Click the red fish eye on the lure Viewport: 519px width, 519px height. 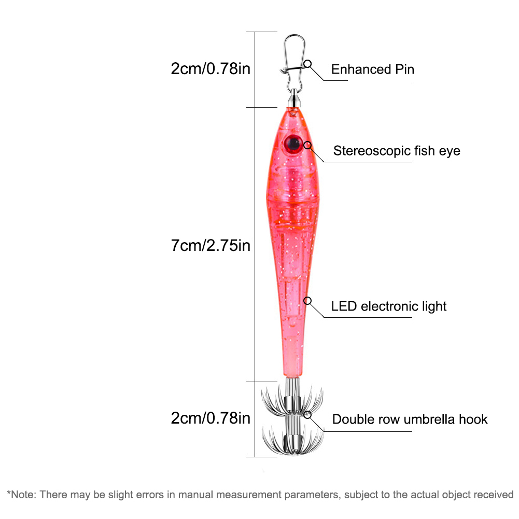click(292, 144)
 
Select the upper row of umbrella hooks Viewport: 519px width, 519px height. click(292, 399)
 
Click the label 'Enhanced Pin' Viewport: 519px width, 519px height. click(373, 69)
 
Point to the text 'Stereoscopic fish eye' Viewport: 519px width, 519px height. click(397, 151)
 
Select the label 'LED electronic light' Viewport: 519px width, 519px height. click(388, 306)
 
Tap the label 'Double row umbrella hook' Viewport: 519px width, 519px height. click(410, 419)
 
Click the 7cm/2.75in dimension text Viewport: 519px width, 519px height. click(211, 246)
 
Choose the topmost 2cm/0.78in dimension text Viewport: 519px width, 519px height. click(211, 69)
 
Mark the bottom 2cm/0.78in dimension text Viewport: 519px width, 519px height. click(211, 418)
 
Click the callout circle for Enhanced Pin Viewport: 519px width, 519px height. click(307, 64)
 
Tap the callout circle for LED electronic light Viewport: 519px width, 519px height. click(307, 301)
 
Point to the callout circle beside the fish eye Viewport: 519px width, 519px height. click(307, 145)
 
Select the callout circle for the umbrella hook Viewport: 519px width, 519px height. click(307, 415)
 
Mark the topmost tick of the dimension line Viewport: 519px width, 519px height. click(261, 32)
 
